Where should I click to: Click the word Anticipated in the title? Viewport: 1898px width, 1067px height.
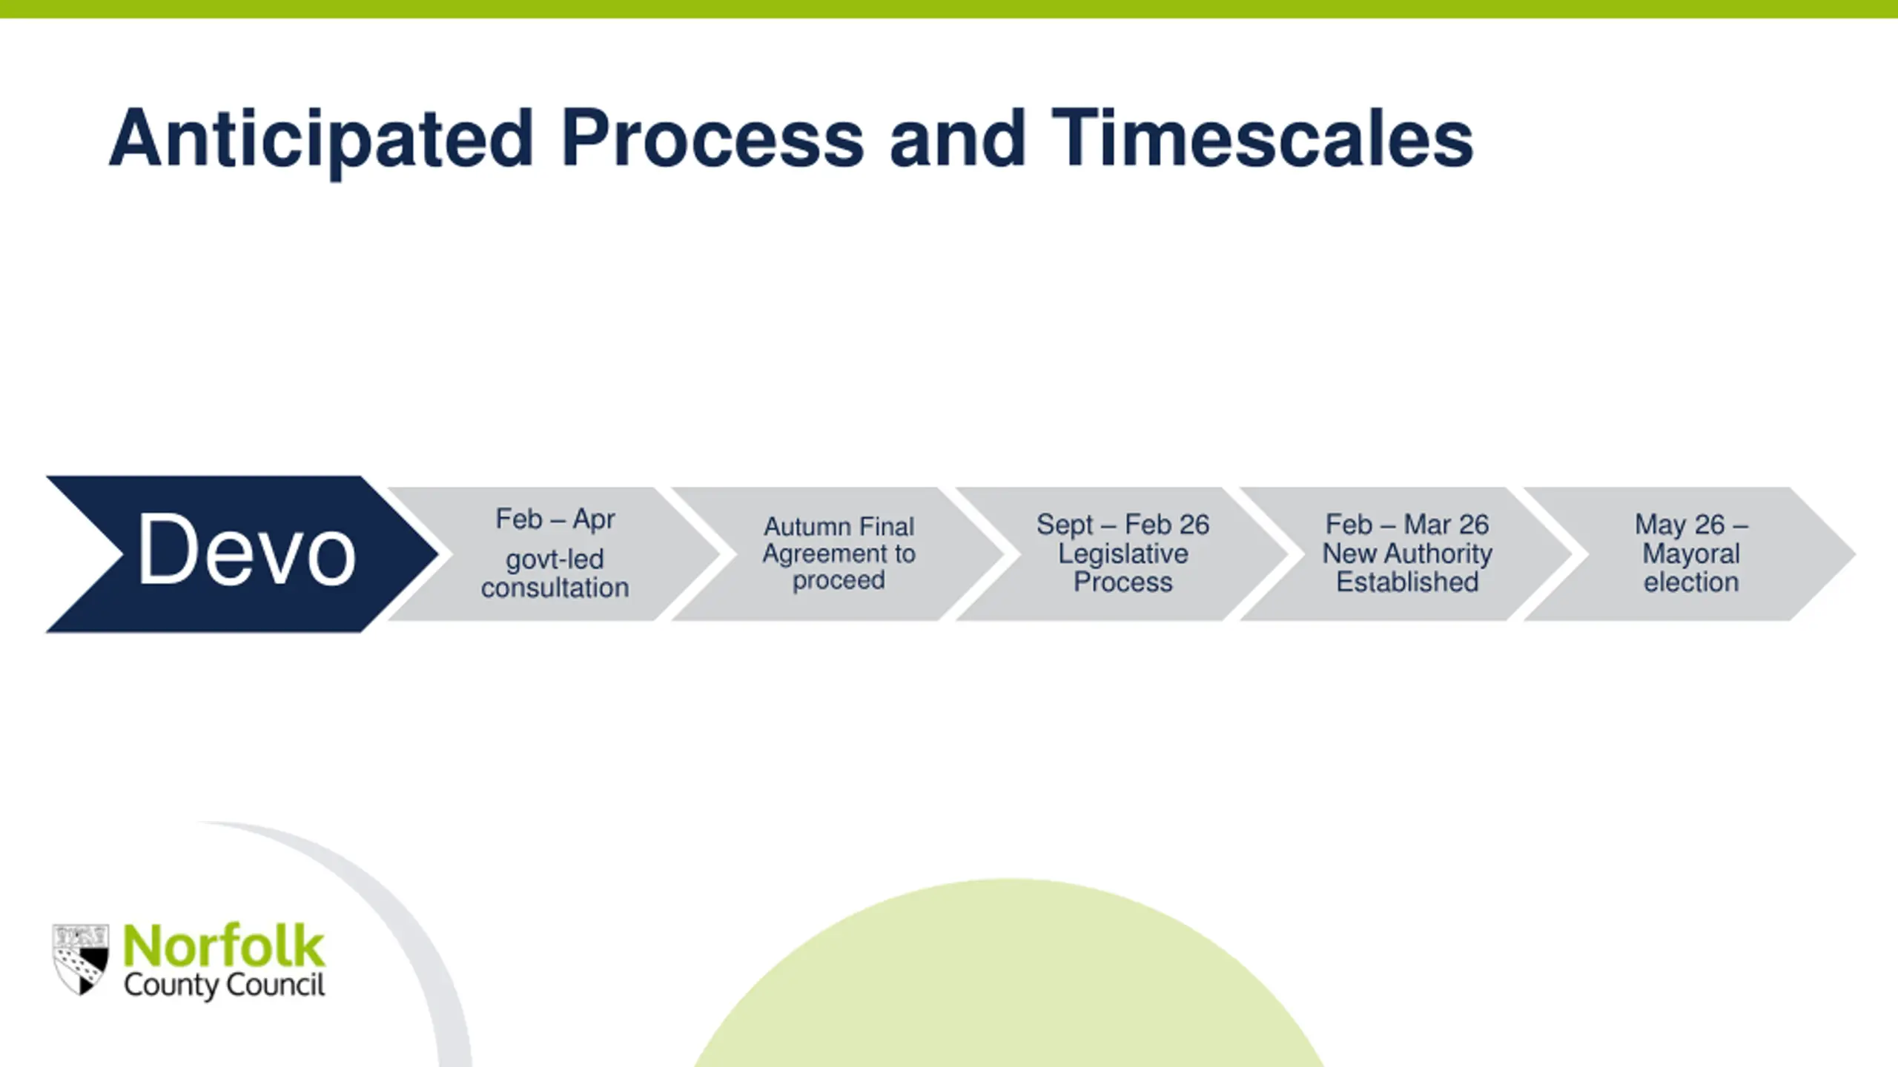(x=321, y=139)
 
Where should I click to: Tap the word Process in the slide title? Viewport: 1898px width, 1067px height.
(x=712, y=139)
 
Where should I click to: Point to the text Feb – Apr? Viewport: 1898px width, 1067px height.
(x=555, y=519)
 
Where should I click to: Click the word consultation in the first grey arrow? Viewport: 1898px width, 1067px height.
(x=555, y=588)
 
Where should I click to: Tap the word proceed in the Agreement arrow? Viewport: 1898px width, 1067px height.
(x=839, y=580)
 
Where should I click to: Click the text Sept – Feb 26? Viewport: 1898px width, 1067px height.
(x=1122, y=525)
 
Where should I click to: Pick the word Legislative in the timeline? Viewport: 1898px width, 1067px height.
(x=1122, y=554)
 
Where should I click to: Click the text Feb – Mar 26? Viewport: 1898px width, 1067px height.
(x=1406, y=525)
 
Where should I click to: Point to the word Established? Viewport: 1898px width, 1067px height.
(x=1406, y=582)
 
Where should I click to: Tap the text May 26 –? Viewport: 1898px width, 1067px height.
(x=1691, y=525)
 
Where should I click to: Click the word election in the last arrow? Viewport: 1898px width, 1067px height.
(x=1691, y=582)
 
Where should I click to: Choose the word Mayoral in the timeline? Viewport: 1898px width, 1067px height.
(x=1691, y=554)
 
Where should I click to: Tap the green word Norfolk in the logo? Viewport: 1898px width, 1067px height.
(x=224, y=946)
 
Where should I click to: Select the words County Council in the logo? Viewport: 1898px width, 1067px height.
(x=224, y=985)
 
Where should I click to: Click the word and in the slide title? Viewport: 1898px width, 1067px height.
(x=957, y=139)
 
